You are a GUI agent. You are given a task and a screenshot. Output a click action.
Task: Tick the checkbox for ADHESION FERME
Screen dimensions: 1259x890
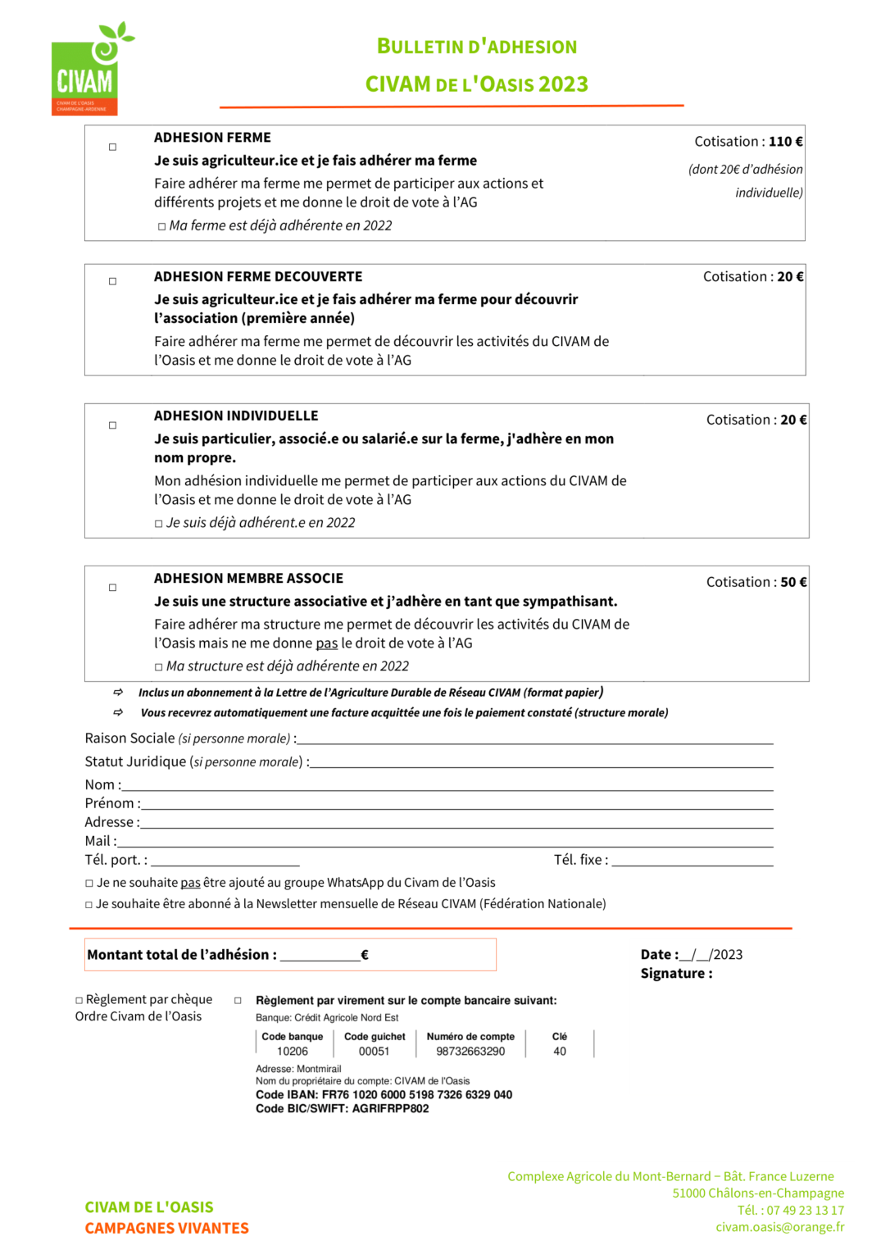pyautogui.click(x=113, y=148)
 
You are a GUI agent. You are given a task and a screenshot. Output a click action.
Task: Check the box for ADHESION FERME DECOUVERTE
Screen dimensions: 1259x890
pyautogui.click(x=113, y=281)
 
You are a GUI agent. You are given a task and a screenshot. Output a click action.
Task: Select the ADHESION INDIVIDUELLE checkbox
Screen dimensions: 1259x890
pyautogui.click(x=113, y=425)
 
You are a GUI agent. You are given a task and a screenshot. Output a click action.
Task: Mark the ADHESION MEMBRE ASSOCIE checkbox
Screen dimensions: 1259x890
pyautogui.click(x=113, y=588)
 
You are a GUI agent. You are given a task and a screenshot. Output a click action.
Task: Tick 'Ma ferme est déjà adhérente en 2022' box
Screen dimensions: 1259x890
pyautogui.click(x=161, y=227)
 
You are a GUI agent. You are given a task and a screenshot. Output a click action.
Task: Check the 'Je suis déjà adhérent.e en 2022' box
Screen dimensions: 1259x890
pyautogui.click(x=159, y=524)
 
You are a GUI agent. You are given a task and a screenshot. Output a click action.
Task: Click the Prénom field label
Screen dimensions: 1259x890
pyautogui.click(x=111, y=803)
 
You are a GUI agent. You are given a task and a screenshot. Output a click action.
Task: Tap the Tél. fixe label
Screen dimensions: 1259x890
pyautogui.click(x=579, y=860)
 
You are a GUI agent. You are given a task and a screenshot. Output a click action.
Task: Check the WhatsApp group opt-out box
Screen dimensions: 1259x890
pyautogui.click(x=89, y=884)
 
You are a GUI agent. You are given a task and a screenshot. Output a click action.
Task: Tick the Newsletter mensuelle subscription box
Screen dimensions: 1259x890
pyautogui.click(x=89, y=905)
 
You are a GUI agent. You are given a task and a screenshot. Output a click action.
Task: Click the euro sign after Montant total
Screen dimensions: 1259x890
pyautogui.click(x=365, y=955)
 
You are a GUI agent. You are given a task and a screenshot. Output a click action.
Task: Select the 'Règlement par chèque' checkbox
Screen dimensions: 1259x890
pyautogui.click(x=79, y=1001)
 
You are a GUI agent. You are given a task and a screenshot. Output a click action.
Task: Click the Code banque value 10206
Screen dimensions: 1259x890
pyautogui.click(x=293, y=1052)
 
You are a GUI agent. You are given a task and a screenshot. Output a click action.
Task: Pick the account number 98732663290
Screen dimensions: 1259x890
pyautogui.click(x=470, y=1052)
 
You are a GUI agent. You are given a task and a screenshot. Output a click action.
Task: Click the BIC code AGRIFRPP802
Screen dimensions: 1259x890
pyautogui.click(x=390, y=1109)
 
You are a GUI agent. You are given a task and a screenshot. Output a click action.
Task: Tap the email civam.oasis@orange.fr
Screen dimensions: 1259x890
pyautogui.click(x=779, y=1227)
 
